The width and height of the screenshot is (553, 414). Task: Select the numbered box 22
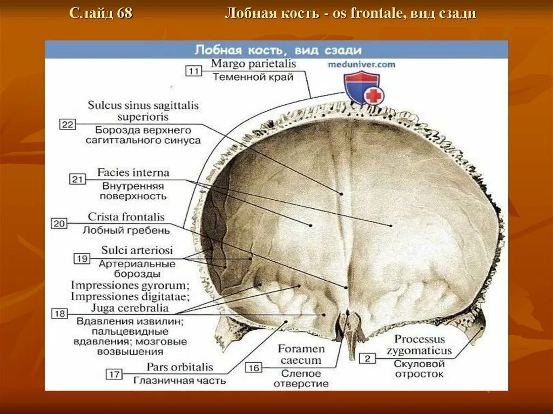67,125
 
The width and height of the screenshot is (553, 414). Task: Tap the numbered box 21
78,179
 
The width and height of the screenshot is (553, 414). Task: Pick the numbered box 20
59,223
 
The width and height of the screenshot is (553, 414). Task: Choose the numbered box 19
82,259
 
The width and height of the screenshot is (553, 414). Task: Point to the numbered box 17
114,374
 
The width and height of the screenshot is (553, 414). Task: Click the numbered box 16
254,368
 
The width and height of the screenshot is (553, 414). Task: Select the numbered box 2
367,357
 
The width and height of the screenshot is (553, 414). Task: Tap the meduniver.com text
361,64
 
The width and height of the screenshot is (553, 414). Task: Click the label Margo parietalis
253,64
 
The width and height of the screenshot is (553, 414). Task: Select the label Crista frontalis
126,218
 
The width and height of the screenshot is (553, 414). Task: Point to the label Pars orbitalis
180,367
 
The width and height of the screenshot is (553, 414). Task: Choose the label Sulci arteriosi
137,250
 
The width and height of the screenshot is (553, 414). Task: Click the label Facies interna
133,173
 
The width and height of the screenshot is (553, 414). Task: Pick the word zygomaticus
419,350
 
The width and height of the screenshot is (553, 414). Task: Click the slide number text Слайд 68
101,13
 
